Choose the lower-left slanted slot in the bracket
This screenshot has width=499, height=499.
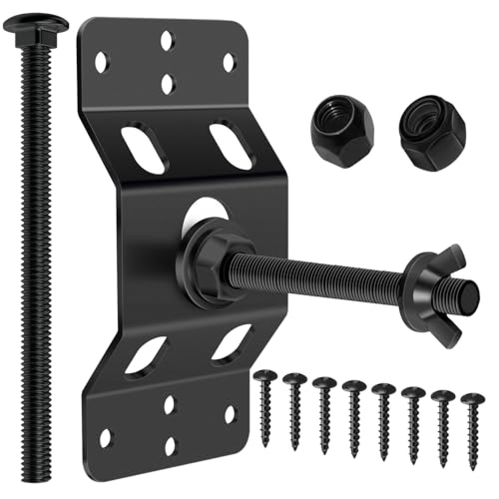tap(145, 354)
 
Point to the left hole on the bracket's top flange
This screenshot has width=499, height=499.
tap(102, 62)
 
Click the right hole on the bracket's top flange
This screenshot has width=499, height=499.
tap(229, 62)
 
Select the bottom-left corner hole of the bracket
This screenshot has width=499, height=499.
tap(105, 438)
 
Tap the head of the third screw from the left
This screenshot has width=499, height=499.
tap(324, 383)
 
